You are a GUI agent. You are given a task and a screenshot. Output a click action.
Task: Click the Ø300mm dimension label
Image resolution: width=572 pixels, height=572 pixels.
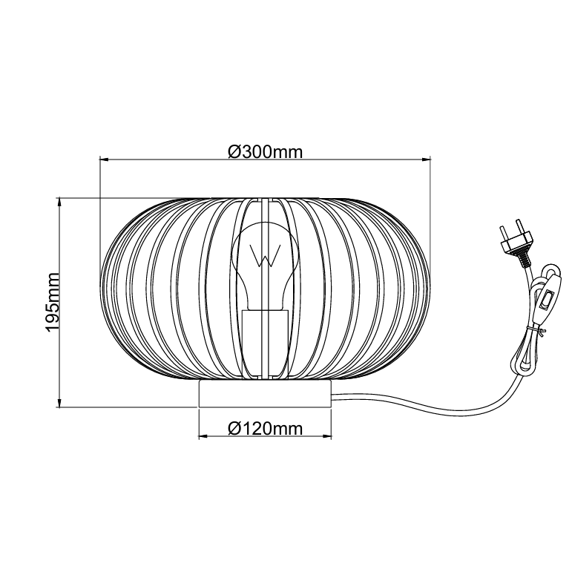(265, 152)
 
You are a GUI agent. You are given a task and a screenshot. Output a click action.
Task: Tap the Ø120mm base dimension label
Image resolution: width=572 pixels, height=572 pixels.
(265, 429)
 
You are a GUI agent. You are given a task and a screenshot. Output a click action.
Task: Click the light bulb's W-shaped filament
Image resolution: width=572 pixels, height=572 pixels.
(265, 254)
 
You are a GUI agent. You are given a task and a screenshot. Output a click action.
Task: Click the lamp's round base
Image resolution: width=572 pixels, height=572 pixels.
(265, 394)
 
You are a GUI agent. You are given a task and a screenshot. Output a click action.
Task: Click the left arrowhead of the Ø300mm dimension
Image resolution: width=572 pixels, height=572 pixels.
(105, 160)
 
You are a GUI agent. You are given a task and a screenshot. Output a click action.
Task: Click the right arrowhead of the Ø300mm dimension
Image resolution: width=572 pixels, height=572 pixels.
(426, 160)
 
